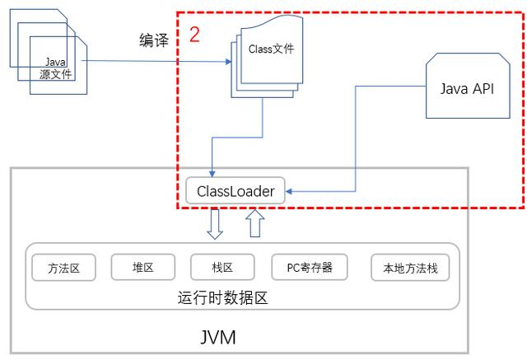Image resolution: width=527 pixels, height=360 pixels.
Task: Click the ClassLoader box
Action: pos(235,192)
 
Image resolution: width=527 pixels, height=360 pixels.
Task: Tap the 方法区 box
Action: pos(64,268)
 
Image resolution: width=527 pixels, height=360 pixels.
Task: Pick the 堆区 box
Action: pos(142,268)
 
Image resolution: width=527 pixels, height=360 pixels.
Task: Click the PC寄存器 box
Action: pos(310,268)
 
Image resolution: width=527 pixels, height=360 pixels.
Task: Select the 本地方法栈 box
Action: pos(411,268)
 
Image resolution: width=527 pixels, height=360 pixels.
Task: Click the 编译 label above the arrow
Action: pos(153,41)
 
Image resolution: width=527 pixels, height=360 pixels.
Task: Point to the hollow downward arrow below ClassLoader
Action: pos(215,225)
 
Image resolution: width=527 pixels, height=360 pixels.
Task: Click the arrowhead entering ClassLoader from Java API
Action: pos(290,192)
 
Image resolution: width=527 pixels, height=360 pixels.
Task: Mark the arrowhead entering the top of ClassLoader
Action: pos(212,174)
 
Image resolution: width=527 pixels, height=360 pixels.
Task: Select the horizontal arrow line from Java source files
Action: pos(148,61)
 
